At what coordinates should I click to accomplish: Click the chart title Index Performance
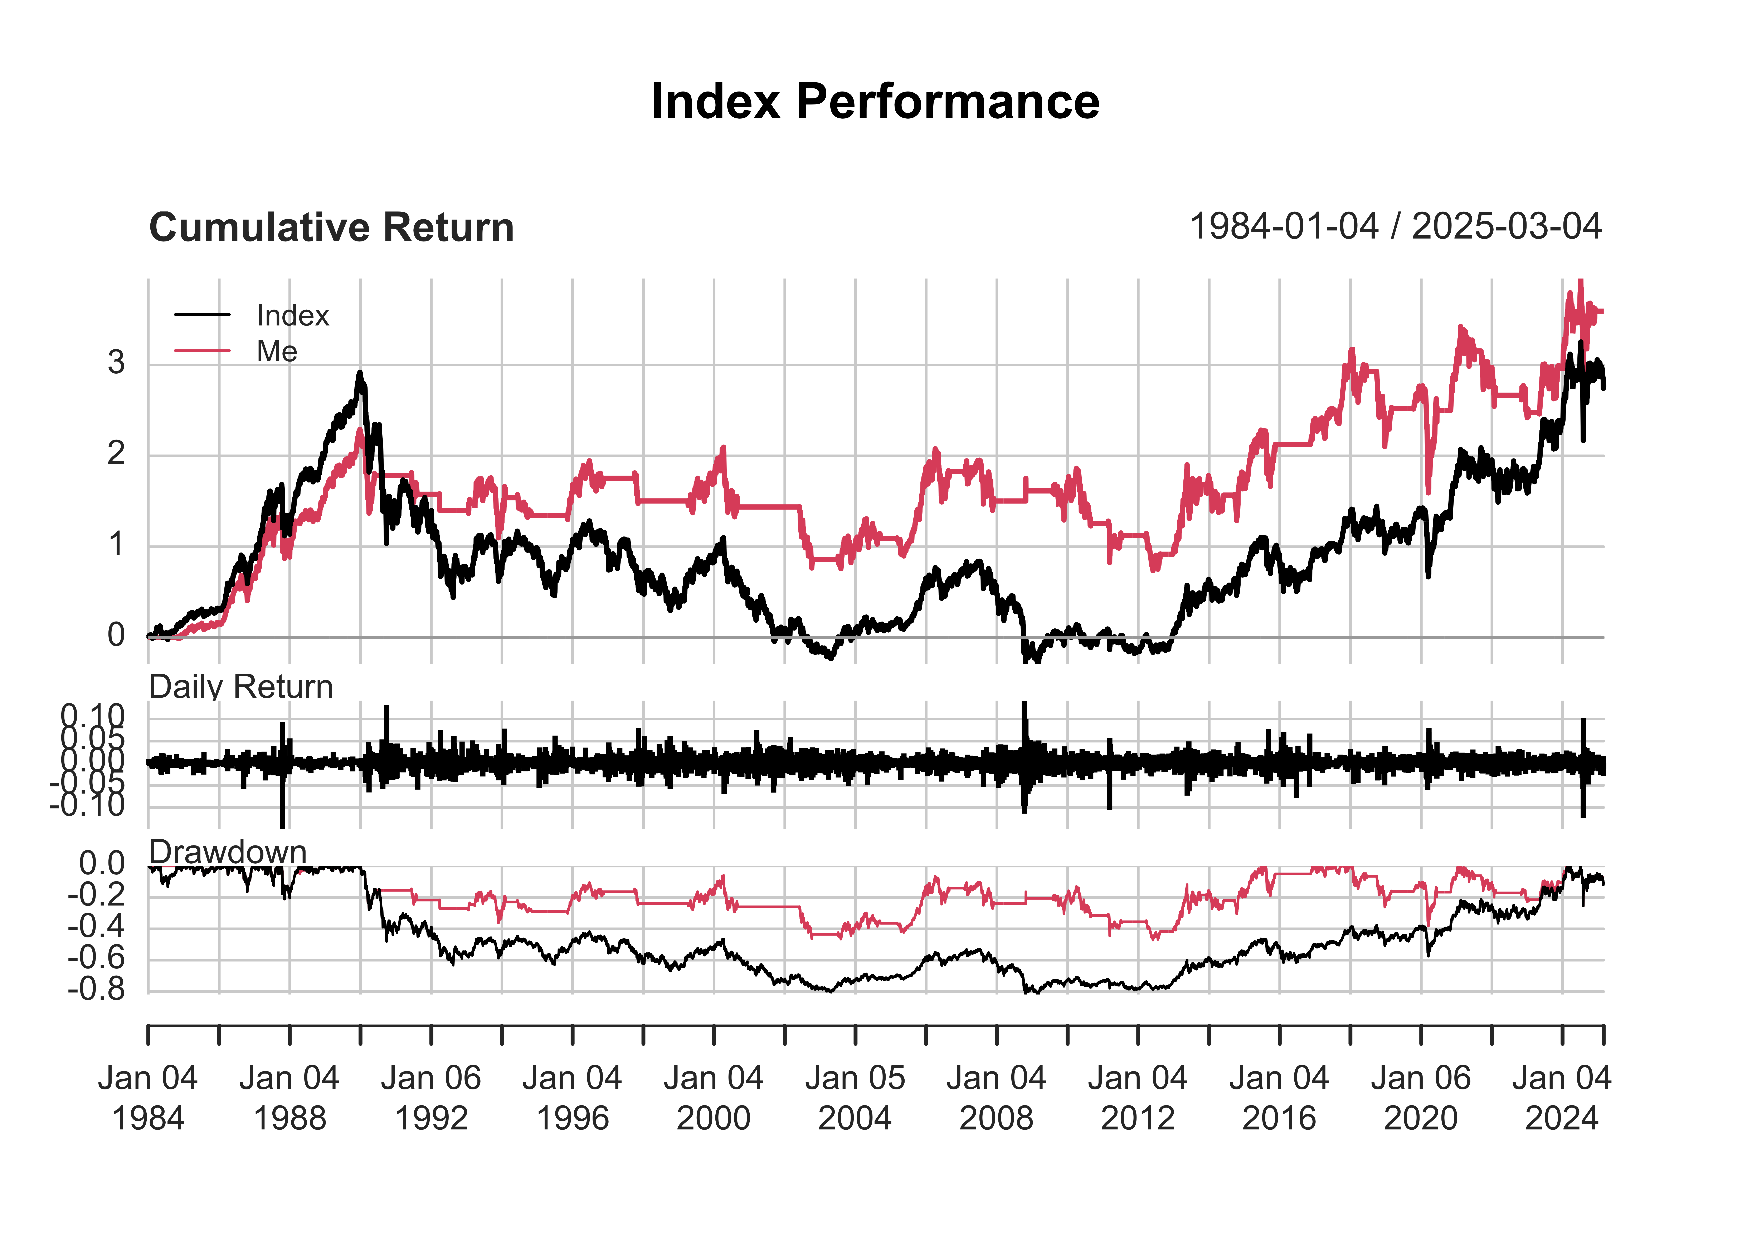pyautogui.click(x=875, y=102)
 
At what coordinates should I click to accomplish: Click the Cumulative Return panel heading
pyautogui.click(x=331, y=228)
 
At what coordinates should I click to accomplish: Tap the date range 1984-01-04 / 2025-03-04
pyautogui.click(x=1395, y=226)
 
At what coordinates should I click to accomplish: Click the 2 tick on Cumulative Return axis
pyautogui.click(x=116, y=454)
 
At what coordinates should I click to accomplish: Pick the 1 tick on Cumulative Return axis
pyautogui.click(x=116, y=545)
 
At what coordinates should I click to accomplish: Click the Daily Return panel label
pyautogui.click(x=240, y=686)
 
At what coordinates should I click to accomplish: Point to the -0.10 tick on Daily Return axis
pyautogui.click(x=87, y=806)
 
